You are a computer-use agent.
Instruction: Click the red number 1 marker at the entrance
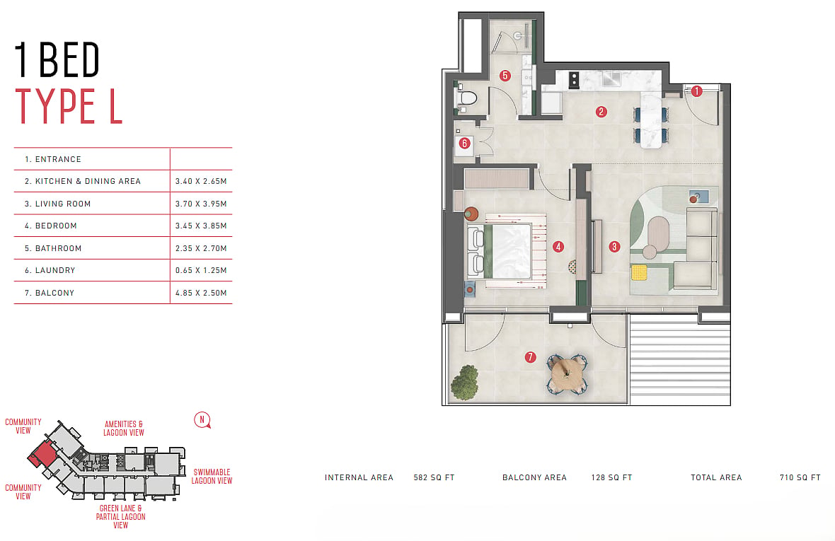point(696,91)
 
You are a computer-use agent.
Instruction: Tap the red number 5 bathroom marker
point(505,76)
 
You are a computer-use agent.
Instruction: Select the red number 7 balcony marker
point(530,357)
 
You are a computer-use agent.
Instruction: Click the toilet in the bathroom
point(467,98)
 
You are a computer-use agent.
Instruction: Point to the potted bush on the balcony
point(464,382)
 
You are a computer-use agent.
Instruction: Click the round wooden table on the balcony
point(567,373)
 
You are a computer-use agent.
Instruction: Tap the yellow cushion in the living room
point(639,272)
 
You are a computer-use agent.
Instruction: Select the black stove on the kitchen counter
point(573,80)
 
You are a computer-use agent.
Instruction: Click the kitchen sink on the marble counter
point(611,78)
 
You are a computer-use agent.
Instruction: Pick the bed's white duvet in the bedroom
point(511,250)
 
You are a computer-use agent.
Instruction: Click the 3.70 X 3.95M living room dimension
point(201,204)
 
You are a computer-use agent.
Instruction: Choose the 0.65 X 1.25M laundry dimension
point(201,270)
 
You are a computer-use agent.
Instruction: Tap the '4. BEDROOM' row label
point(50,226)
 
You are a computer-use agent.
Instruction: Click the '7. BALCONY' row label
point(50,293)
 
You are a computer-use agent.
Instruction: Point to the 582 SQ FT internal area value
point(434,477)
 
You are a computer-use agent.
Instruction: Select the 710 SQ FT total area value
point(800,477)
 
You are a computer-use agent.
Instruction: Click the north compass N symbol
point(202,419)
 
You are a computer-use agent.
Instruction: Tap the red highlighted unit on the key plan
point(42,455)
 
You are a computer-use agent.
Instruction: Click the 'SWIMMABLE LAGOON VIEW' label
point(212,476)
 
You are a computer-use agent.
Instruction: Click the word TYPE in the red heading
point(55,106)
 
